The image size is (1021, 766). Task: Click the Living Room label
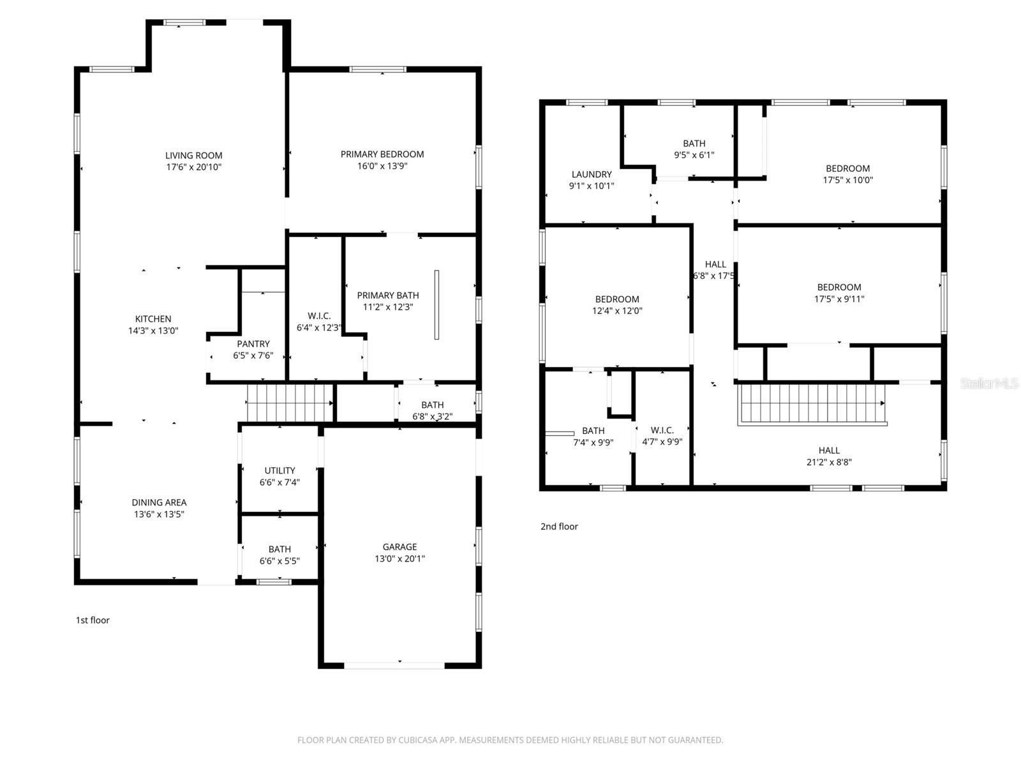[x=193, y=155]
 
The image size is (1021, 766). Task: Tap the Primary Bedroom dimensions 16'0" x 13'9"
[x=382, y=166]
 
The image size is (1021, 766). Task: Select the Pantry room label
[x=253, y=343]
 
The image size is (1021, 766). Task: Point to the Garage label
[x=399, y=546]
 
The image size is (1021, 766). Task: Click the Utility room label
[x=279, y=470]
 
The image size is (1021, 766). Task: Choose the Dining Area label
[x=159, y=502]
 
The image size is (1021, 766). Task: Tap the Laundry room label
[x=592, y=174]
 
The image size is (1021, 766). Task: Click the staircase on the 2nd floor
[x=810, y=403]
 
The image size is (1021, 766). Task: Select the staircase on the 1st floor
[x=290, y=403]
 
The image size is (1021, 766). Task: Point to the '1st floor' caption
[x=93, y=620]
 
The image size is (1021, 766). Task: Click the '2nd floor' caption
[x=559, y=527]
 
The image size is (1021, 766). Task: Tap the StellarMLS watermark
[x=989, y=383]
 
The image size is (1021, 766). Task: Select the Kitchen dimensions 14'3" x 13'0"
[x=153, y=331]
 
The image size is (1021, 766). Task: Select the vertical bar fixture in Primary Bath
[x=436, y=304]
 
